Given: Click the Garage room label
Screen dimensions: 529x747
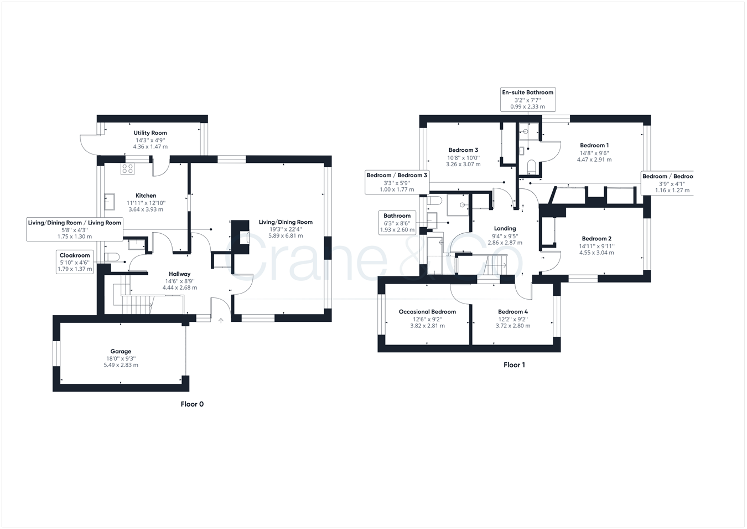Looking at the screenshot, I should [x=121, y=351].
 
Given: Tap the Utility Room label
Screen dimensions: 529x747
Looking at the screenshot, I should [x=150, y=133].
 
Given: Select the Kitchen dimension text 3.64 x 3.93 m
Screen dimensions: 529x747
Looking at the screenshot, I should [x=146, y=209].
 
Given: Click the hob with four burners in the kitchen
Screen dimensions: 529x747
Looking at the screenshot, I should [x=128, y=168].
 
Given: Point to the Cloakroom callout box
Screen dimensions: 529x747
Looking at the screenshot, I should [x=75, y=262].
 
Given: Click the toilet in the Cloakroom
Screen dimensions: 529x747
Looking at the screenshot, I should [x=113, y=256].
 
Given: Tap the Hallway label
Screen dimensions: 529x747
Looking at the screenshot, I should [x=179, y=274].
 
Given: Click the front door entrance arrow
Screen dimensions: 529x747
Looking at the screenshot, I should [x=221, y=320].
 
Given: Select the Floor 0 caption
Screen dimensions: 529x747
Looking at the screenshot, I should [x=192, y=404].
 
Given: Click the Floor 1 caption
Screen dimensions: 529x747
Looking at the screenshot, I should [x=514, y=365].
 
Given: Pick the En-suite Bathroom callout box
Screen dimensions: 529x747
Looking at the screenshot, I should [x=527, y=99].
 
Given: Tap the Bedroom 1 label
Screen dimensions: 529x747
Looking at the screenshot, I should [x=594, y=146].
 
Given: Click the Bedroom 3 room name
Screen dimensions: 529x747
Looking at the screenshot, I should [x=463, y=150].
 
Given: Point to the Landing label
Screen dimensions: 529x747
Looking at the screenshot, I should [x=505, y=228].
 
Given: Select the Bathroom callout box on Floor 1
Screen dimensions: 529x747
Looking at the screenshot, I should [x=397, y=223].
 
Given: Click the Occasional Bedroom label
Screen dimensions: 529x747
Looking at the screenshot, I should [x=427, y=312].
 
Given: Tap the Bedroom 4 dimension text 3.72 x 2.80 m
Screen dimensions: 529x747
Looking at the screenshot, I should [x=513, y=326].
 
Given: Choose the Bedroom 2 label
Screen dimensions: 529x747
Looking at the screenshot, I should [x=596, y=239].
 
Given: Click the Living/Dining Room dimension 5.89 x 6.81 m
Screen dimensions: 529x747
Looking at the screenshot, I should [x=286, y=235].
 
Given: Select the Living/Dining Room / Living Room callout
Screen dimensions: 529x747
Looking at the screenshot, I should [x=75, y=229].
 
